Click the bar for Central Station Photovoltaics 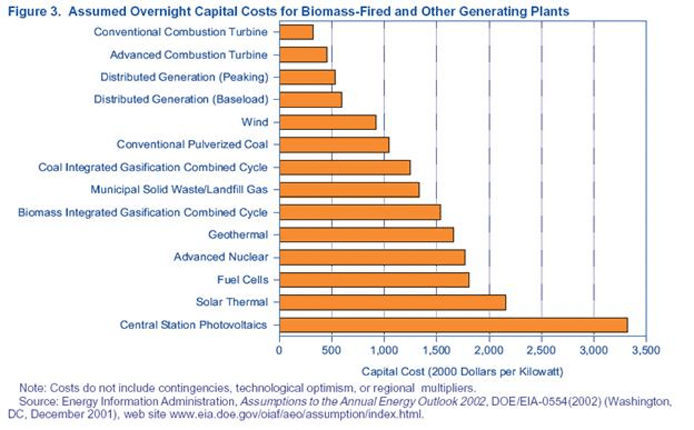pos(454,325)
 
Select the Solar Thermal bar pos(393,303)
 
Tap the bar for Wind pos(328,122)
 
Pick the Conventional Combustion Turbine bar pos(297,32)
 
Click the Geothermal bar pos(366,235)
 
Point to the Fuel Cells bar pos(375,280)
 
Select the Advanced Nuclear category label pos(221,257)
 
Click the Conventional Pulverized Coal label pos(192,145)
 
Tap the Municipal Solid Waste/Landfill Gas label pos(179,190)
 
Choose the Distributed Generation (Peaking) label pos(184,77)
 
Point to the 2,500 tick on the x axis pos(542,350)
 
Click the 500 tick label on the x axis pos(331,350)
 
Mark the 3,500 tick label pos(646,350)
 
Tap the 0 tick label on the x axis pos(279,350)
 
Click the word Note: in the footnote pos(32,388)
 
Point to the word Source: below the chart pos(38,402)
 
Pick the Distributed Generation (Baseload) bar pos(311,100)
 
